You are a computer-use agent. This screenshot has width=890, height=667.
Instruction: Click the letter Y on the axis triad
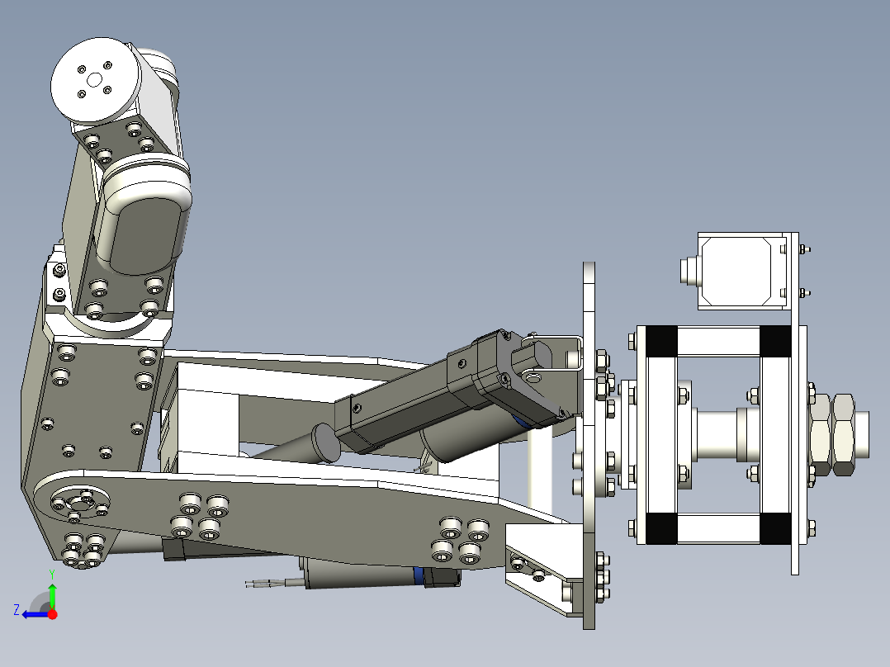51,573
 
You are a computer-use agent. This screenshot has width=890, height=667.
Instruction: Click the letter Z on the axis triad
17,609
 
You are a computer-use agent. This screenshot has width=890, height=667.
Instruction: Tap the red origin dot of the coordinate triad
52,614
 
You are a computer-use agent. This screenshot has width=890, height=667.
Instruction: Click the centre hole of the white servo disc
94,80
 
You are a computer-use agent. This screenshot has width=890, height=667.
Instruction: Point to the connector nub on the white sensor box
687,271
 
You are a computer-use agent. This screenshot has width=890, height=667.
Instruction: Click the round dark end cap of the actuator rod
327,441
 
